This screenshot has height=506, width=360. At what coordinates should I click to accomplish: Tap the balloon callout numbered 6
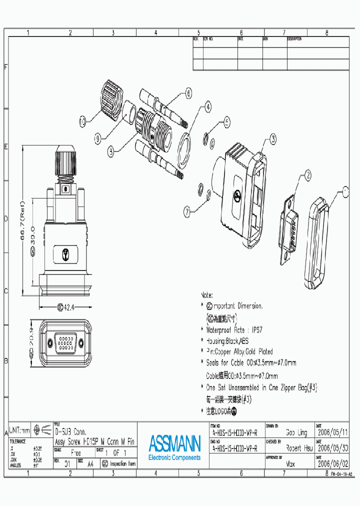[x=188, y=92]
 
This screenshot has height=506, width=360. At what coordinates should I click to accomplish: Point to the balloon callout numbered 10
[x=82, y=120]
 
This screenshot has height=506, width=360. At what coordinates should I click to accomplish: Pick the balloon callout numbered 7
[x=187, y=211]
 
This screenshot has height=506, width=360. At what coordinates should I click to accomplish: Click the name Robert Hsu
[x=298, y=448]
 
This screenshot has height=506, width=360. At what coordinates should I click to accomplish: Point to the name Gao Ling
[x=296, y=432]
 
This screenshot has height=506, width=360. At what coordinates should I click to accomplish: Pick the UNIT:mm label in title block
[x=20, y=430]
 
